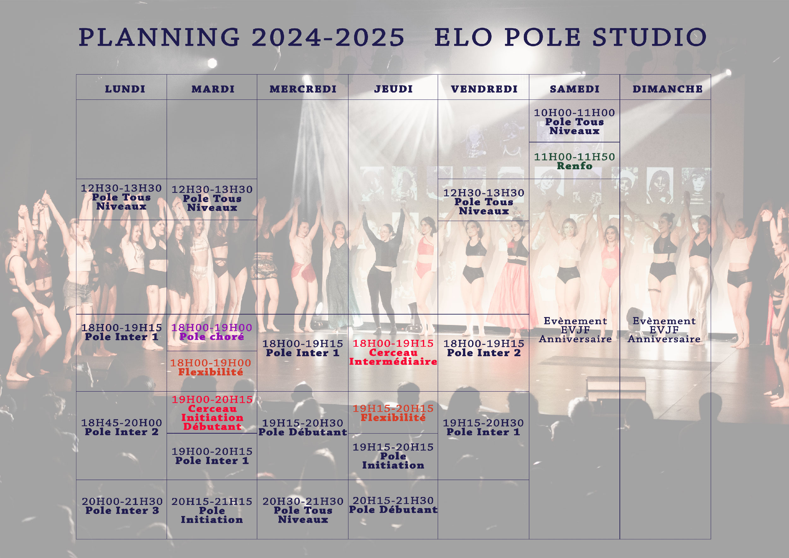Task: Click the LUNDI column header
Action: tap(125, 89)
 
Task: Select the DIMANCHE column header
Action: tap(667, 89)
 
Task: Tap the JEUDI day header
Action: tap(393, 89)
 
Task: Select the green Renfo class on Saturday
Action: tap(574, 161)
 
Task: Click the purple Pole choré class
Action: tap(212, 332)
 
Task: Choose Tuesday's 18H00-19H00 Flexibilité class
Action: tap(211, 367)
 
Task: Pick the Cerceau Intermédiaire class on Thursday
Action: tap(393, 352)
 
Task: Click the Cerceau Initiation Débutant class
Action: tap(212, 413)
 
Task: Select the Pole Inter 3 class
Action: tap(122, 506)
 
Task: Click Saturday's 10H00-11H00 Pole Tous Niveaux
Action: tap(574, 122)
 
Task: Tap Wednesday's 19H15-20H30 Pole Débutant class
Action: tap(303, 427)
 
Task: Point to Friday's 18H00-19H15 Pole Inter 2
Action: tap(483, 348)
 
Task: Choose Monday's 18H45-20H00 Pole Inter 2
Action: tap(121, 427)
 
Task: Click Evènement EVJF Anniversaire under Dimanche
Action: tap(664, 330)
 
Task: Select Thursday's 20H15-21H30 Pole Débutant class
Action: tap(393, 505)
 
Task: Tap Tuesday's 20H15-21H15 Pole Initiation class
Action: tap(212, 511)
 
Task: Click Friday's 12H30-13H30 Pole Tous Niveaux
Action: tap(483, 202)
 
